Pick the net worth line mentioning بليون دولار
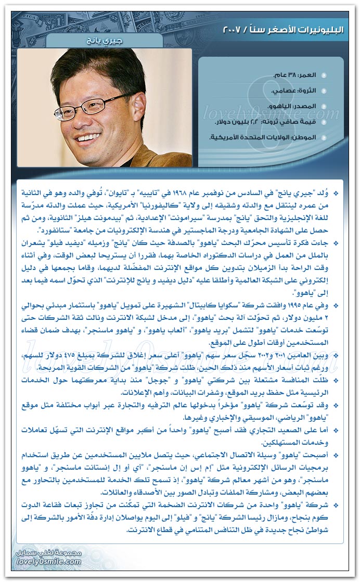273,122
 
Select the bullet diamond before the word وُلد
336,193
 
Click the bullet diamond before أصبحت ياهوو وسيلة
336,456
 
